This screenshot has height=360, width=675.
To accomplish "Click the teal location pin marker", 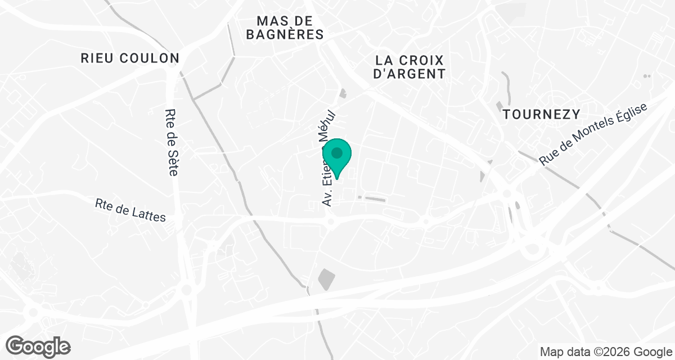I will (337, 157).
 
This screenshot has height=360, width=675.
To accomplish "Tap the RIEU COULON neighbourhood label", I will (130, 58).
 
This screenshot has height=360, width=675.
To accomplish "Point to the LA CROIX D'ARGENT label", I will (410, 66).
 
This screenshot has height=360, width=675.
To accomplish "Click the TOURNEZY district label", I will (541, 114).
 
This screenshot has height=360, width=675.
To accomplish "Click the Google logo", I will (38, 345).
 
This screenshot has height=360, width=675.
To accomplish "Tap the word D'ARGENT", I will (410, 74).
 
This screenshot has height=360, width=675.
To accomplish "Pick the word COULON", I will (154, 58).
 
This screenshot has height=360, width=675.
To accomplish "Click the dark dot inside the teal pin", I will (337, 152).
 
